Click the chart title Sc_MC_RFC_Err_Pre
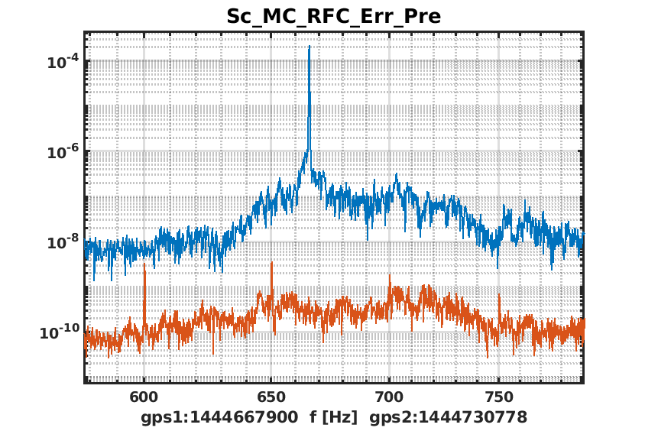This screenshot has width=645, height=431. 333,16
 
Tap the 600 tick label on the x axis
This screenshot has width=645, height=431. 144,397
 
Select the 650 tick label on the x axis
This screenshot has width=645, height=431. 267,397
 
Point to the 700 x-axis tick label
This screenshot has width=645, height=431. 389,397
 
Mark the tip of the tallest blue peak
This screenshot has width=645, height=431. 309,46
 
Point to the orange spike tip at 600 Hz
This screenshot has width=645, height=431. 144,264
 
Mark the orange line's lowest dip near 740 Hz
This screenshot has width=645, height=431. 488,357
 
